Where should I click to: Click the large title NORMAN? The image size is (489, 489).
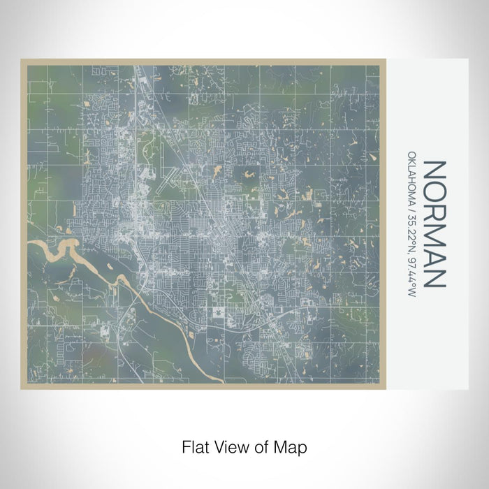pyautogui.click(x=434, y=224)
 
